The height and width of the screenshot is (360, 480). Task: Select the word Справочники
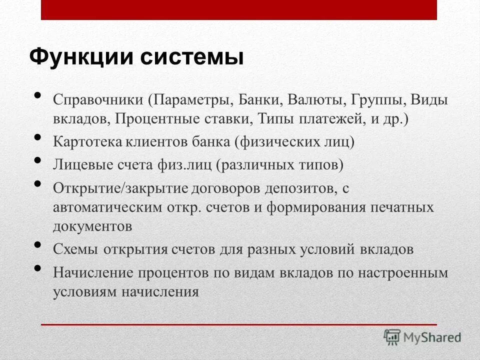98,99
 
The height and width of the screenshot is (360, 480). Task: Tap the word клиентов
154,142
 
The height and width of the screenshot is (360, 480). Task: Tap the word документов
92,226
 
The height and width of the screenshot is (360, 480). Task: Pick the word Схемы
75,249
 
